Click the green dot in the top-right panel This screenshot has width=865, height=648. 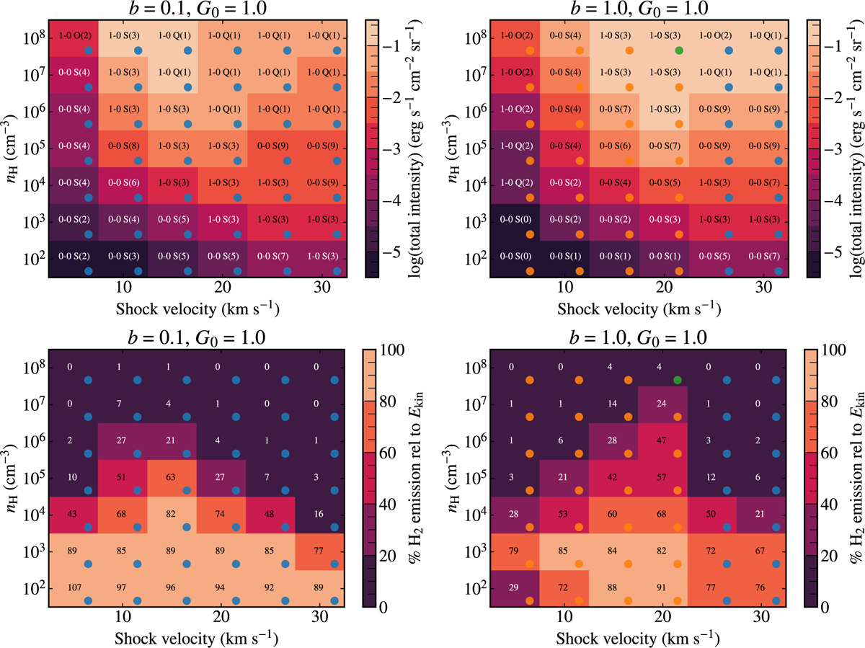(678, 50)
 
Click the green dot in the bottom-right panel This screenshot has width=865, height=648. (678, 380)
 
